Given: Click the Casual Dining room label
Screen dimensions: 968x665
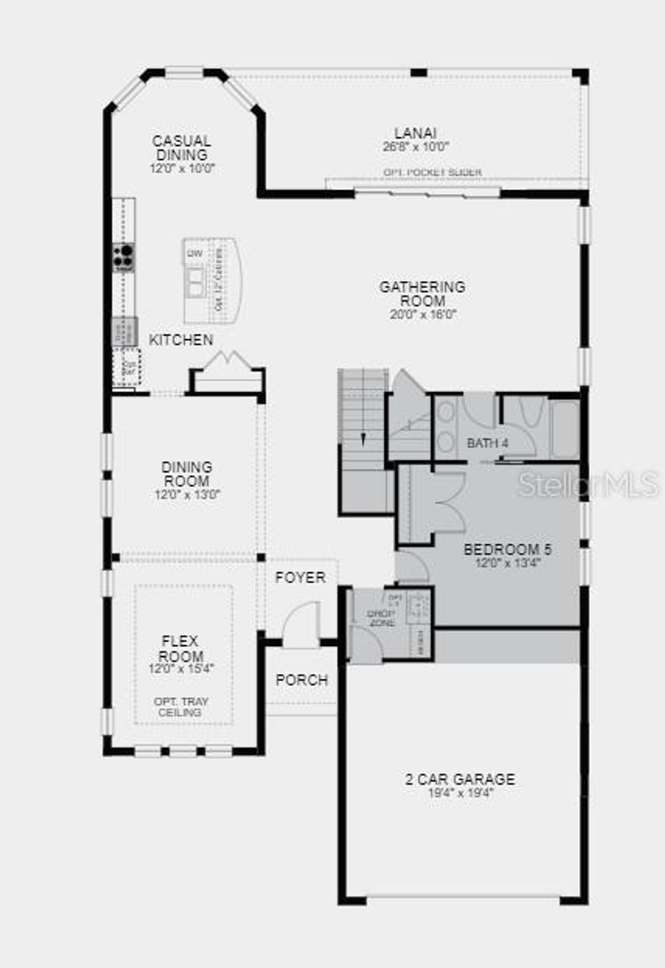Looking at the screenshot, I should (182, 147).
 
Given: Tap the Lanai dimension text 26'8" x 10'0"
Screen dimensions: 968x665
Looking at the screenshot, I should (416, 147).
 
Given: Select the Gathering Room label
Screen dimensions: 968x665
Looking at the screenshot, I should (423, 293).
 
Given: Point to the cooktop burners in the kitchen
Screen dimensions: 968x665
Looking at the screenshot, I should (123, 257).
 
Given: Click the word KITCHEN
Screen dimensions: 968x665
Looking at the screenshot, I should (181, 340).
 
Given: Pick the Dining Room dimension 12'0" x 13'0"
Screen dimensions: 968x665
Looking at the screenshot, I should (187, 495).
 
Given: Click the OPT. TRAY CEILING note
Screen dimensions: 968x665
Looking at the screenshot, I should (181, 707).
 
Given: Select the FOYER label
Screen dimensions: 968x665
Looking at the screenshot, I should (300, 577).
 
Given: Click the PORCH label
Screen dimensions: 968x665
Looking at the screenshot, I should (302, 680).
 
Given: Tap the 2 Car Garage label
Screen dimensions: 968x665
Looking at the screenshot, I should (460, 779).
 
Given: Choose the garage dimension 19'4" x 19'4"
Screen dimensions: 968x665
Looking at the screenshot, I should (460, 793).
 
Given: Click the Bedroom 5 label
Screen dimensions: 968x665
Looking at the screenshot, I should (507, 550).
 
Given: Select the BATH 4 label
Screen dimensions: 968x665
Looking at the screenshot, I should (488, 443).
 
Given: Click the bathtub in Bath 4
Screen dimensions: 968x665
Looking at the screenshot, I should (564, 429).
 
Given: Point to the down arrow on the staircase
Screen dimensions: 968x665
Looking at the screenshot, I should (363, 438).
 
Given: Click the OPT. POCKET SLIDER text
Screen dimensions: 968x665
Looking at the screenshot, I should (433, 172).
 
